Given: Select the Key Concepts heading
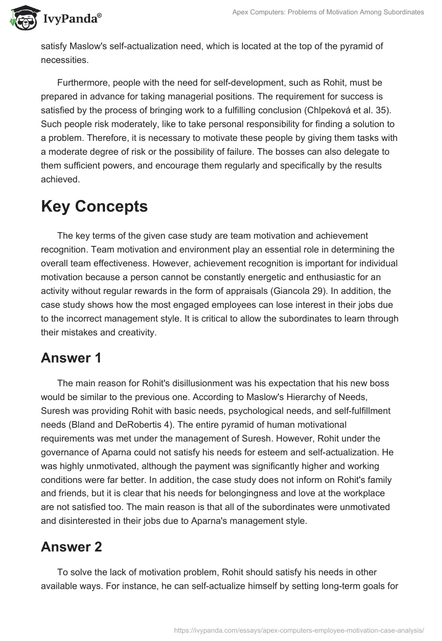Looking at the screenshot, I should pos(94,206).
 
